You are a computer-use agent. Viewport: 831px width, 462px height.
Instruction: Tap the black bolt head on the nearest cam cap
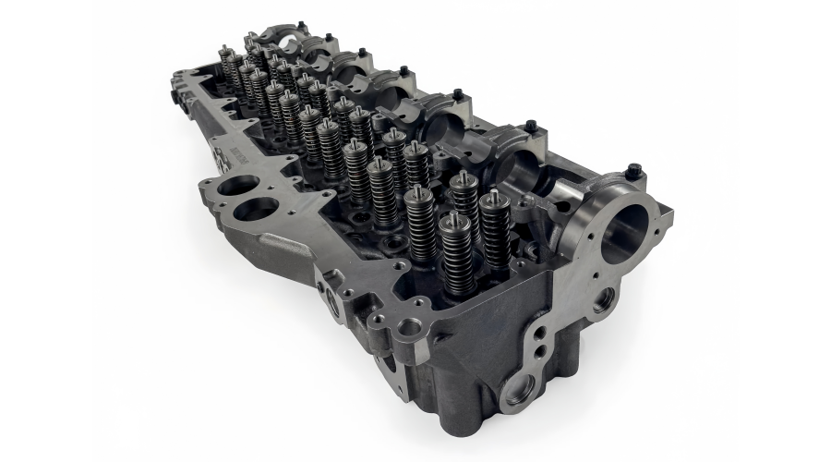(x=632, y=171)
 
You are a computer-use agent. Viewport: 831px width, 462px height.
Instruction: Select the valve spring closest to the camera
(x=455, y=251)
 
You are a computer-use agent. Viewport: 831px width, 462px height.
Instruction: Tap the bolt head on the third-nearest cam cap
(x=456, y=93)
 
